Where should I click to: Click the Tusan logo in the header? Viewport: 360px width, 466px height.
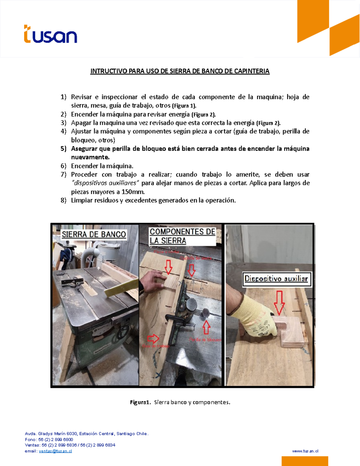(50, 34)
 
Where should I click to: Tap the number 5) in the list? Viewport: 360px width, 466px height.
(63, 149)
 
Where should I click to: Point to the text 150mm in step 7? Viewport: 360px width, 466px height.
(133, 192)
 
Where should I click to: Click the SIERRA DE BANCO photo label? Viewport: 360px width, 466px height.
(94, 234)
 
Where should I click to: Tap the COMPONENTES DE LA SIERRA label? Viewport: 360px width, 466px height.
(182, 236)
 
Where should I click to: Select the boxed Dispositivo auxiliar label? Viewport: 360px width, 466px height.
(276, 279)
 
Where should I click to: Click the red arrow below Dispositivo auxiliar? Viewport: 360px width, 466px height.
(279, 302)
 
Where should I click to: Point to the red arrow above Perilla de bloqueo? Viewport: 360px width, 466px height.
(206, 327)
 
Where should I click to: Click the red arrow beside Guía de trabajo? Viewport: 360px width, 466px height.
(153, 338)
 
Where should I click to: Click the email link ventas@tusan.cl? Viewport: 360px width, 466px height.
(55, 451)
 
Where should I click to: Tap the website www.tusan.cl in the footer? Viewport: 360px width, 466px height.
(305, 451)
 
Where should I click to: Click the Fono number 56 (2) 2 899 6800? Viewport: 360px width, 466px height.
(55, 440)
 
